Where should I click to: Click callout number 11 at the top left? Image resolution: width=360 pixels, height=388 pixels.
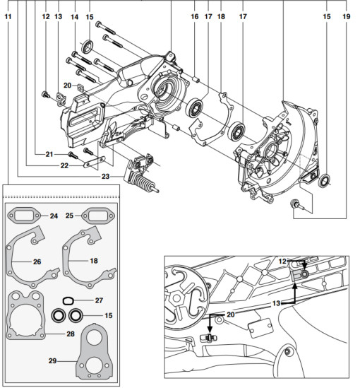point(8,15)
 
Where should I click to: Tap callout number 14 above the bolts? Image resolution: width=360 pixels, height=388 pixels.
point(73,15)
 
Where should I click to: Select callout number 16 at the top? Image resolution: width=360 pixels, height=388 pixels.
point(195,15)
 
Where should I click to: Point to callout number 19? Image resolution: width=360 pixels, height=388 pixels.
point(346,15)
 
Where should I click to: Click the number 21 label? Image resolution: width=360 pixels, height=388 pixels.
point(49,154)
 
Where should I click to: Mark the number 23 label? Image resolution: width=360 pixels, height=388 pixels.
point(106,176)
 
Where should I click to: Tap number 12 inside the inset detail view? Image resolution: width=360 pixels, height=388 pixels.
point(282,261)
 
